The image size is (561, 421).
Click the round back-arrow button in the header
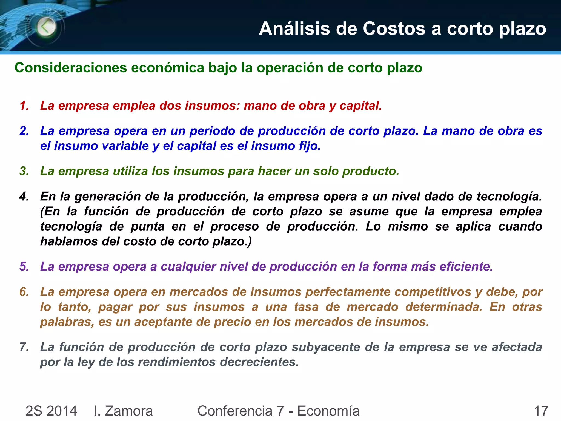point(46,27)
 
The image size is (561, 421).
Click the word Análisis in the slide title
point(294,29)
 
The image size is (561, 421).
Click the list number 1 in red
point(24,106)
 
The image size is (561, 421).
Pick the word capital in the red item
point(360,106)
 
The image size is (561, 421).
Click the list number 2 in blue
point(24,131)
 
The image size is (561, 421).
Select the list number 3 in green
point(24,171)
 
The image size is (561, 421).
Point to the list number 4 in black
point(24,197)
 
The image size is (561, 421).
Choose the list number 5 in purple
point(24,267)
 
